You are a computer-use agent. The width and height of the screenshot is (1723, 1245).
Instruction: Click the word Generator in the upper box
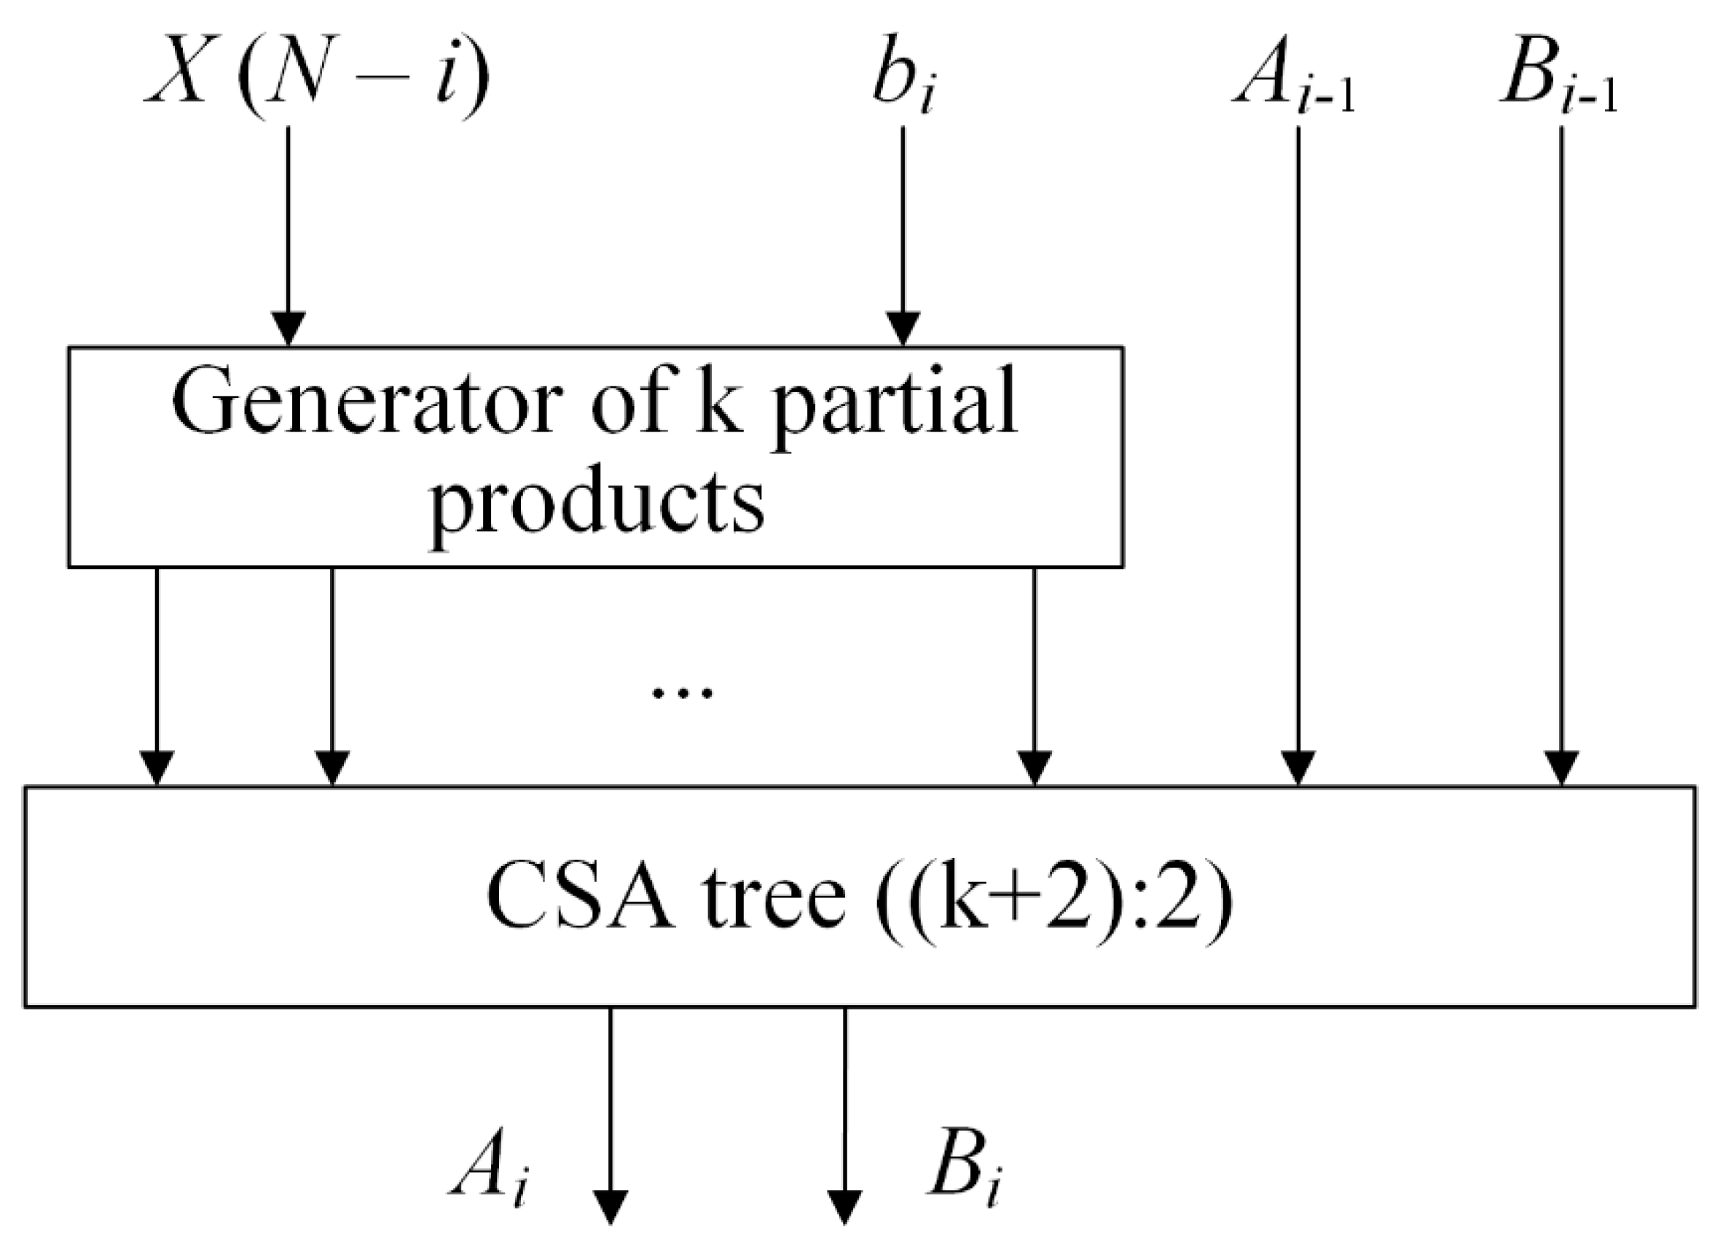click(x=369, y=403)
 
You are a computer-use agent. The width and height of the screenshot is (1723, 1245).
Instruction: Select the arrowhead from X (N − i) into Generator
click(x=289, y=329)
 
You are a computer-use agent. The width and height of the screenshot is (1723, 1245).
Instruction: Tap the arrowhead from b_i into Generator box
click(x=903, y=329)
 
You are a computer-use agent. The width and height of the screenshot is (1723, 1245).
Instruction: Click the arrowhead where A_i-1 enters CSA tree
click(x=1298, y=768)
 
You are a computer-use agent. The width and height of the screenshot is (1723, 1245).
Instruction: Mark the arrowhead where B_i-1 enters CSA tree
click(x=1562, y=768)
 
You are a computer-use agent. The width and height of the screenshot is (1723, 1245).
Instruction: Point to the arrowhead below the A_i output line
click(x=611, y=1207)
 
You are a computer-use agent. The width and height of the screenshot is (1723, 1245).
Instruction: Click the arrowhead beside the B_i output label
click(x=845, y=1207)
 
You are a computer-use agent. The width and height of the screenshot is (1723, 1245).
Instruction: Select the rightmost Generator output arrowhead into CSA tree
click(x=1034, y=768)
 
